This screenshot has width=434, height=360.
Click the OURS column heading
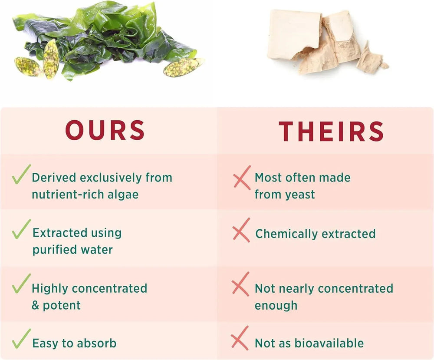[105, 130]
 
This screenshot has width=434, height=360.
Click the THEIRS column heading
[331, 131]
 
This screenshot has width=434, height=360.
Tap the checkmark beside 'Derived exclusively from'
[21, 174]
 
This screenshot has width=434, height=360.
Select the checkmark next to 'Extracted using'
[21, 229]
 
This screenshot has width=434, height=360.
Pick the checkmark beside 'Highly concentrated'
[21, 283]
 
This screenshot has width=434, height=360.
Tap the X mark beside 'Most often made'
[242, 178]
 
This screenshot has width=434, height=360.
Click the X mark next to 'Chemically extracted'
[241, 230]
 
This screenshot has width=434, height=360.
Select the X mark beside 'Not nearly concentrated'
[240, 284]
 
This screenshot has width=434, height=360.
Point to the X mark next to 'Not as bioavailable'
[240, 338]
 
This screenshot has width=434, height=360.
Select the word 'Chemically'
[286, 234]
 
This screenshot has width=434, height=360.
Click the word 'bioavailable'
[329, 343]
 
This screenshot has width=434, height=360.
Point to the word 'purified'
[52, 250]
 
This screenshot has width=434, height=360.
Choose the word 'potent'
[62, 305]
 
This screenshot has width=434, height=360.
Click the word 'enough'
[276, 306]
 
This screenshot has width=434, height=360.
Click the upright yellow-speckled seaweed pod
[51, 59]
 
